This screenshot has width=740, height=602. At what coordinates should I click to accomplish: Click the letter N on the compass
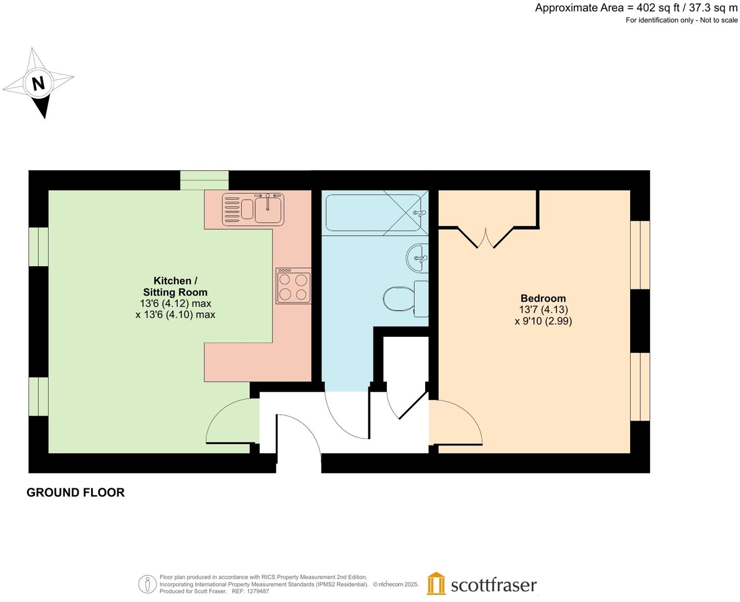tap(38, 83)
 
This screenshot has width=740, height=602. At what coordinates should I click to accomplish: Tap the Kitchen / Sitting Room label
tap(175, 287)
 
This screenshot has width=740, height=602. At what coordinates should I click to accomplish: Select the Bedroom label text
tap(543, 298)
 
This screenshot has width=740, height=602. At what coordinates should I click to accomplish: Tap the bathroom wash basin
tap(418, 258)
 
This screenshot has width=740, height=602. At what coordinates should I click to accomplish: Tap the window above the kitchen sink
tap(204, 180)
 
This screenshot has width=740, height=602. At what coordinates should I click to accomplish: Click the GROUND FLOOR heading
tap(76, 493)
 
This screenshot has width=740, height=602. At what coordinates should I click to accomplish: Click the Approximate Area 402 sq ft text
tap(636, 8)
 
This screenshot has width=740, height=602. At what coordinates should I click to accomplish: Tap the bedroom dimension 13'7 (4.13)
tap(543, 310)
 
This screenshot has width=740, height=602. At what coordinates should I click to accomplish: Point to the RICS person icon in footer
tap(147, 584)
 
